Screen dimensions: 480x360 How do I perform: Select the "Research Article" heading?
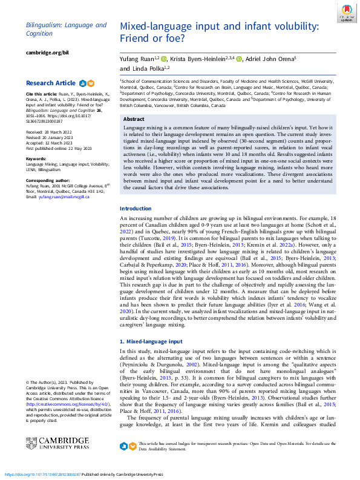51,83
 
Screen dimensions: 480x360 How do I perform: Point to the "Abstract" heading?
134,120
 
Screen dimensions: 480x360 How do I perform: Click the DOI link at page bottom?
42,475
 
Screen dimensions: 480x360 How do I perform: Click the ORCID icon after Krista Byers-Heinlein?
239,59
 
